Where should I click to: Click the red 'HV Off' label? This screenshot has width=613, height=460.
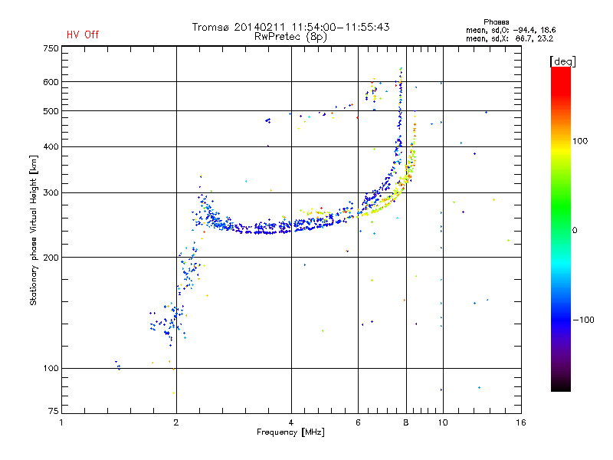tap(82, 34)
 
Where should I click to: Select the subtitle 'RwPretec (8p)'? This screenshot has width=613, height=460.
tap(290, 36)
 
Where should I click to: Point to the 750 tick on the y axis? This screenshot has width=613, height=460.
tap(51, 48)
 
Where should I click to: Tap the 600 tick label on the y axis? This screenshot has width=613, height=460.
tap(51, 82)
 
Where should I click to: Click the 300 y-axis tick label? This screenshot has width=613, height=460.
tap(51, 193)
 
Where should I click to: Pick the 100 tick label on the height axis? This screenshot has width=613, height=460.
tap(51, 369)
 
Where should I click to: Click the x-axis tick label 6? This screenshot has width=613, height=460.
tap(358, 422)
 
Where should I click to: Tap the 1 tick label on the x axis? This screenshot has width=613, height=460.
tap(61, 422)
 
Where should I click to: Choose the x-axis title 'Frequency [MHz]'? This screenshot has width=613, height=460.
tap(290, 432)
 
